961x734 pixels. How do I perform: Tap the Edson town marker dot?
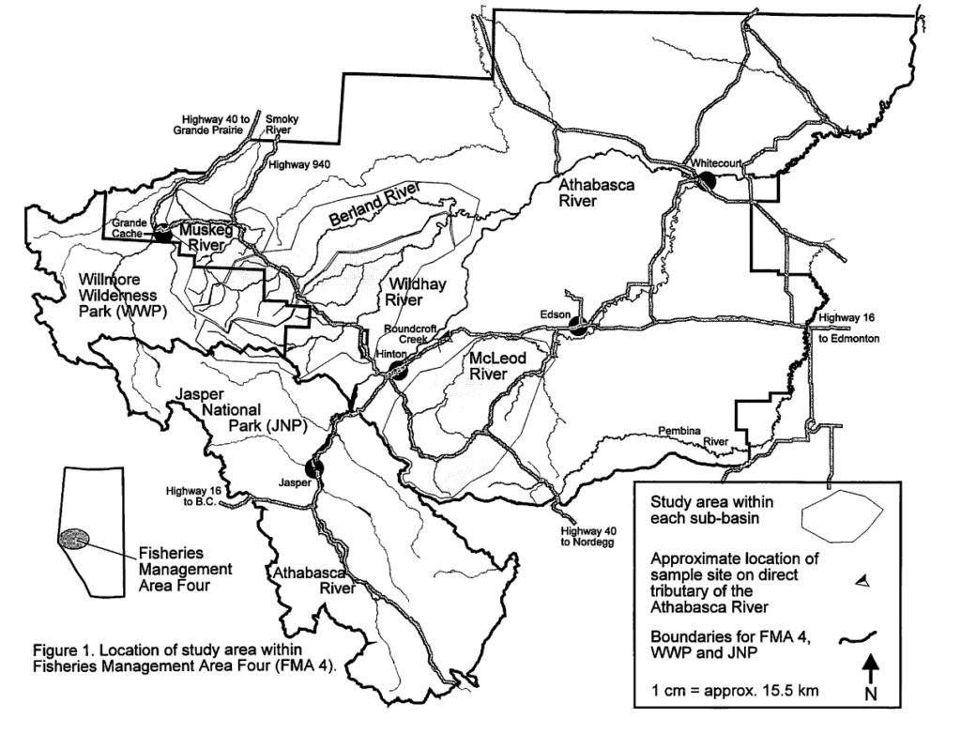(579, 327)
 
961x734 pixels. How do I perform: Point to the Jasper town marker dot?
(314, 467)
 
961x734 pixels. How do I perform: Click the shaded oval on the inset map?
(75, 538)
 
